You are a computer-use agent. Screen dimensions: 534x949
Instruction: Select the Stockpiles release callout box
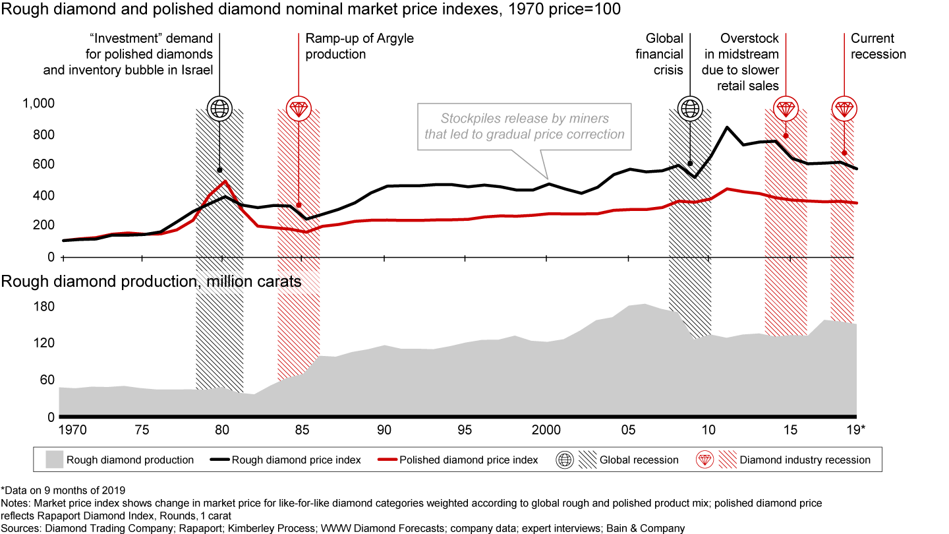click(x=524, y=127)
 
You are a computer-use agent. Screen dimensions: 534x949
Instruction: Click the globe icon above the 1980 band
click(x=219, y=107)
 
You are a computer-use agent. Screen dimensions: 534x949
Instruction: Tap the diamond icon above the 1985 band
click(x=298, y=107)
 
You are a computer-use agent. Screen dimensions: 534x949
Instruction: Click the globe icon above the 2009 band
click(x=690, y=107)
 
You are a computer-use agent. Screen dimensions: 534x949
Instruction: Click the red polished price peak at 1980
click(x=225, y=181)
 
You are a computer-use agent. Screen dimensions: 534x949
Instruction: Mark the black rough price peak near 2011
click(x=726, y=127)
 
